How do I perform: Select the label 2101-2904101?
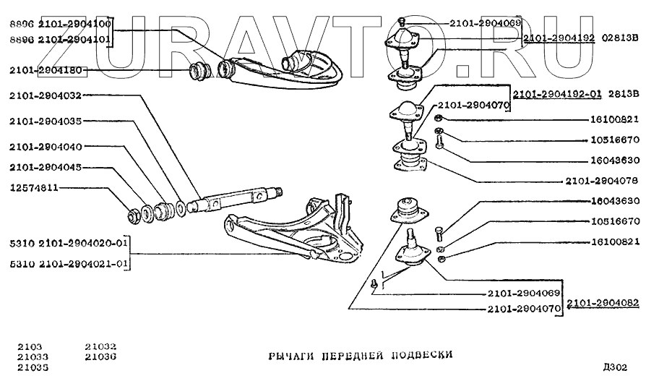[x=71, y=39]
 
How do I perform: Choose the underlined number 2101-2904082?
[x=602, y=304]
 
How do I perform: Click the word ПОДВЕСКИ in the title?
[x=421, y=355]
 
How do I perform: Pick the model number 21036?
[x=100, y=356]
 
